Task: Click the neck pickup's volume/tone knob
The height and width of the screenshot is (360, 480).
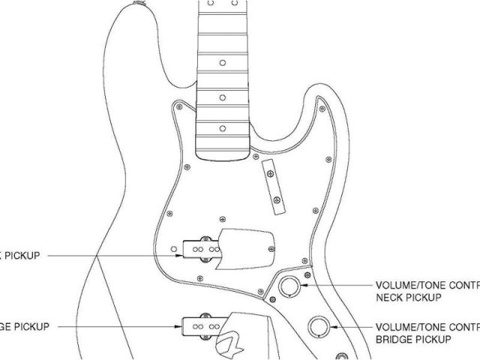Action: click(288, 286)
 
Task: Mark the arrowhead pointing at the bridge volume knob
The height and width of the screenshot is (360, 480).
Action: click(335, 327)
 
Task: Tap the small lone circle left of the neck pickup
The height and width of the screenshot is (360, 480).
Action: click(175, 247)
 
